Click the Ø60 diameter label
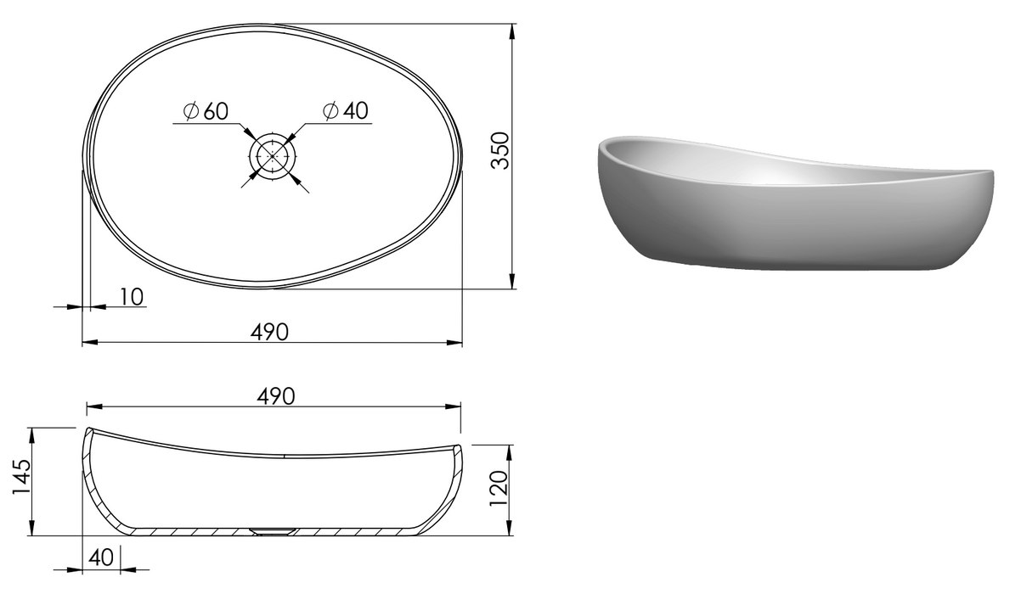[206, 110]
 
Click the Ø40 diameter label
[346, 110]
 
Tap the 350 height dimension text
[500, 151]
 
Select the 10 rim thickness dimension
[132, 297]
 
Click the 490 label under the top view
[269, 332]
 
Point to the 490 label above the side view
[276, 396]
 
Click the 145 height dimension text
[21, 478]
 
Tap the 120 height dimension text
[499, 489]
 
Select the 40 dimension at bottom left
[101, 558]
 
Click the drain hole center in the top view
[272, 156]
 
